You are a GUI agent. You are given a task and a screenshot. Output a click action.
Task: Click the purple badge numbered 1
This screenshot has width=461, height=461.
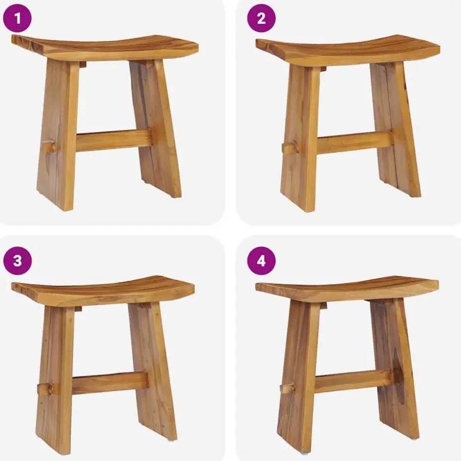point(17,19)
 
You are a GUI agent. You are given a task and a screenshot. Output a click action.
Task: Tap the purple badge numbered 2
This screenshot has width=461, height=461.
point(261,19)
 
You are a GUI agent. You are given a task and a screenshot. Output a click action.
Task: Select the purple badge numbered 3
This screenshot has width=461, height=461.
point(17,261)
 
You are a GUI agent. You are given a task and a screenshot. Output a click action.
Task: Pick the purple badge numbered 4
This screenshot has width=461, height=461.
point(261,261)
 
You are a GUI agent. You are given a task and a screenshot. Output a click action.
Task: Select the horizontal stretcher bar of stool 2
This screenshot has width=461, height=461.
point(354,142)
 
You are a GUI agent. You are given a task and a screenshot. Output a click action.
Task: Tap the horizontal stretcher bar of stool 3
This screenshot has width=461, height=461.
point(110,382)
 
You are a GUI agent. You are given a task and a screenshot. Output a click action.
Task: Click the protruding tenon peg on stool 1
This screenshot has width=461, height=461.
point(48,147)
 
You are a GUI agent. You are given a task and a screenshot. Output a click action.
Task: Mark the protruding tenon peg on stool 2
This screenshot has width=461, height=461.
point(290,148)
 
